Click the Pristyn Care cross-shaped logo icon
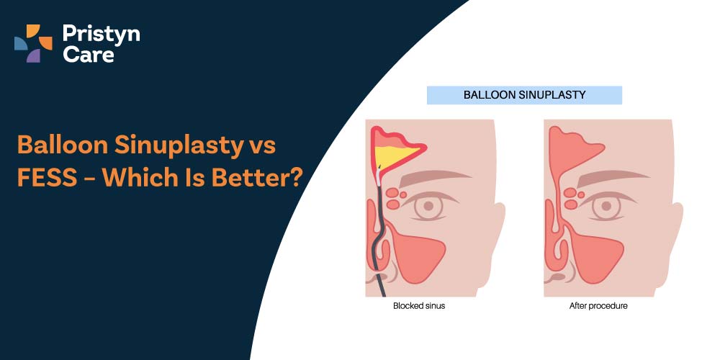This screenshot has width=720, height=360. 33,43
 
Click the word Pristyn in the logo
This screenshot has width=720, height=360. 101,35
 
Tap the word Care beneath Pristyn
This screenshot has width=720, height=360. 89,55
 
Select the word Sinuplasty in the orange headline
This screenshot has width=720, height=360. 178,146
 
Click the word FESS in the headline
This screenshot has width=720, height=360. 47,178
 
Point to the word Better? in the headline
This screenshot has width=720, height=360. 257,178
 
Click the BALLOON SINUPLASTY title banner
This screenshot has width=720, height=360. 524,95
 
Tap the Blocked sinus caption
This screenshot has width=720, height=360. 419,305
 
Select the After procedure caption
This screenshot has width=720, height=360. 598,305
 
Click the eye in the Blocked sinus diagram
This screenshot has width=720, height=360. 429,206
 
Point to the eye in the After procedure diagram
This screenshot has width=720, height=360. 607,206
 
